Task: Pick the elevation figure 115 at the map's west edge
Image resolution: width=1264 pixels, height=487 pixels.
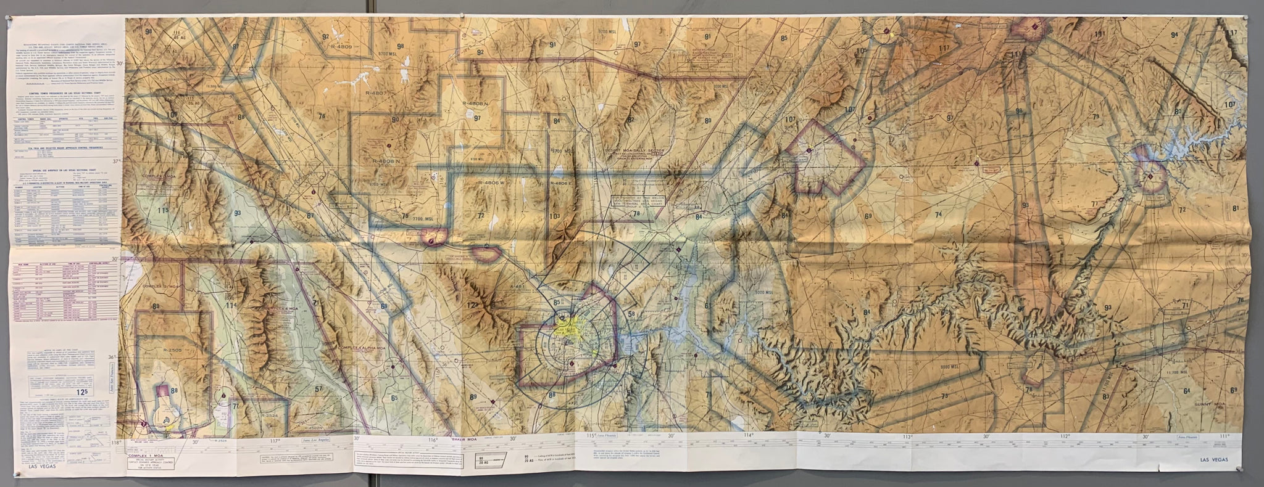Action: coord(162,211)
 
